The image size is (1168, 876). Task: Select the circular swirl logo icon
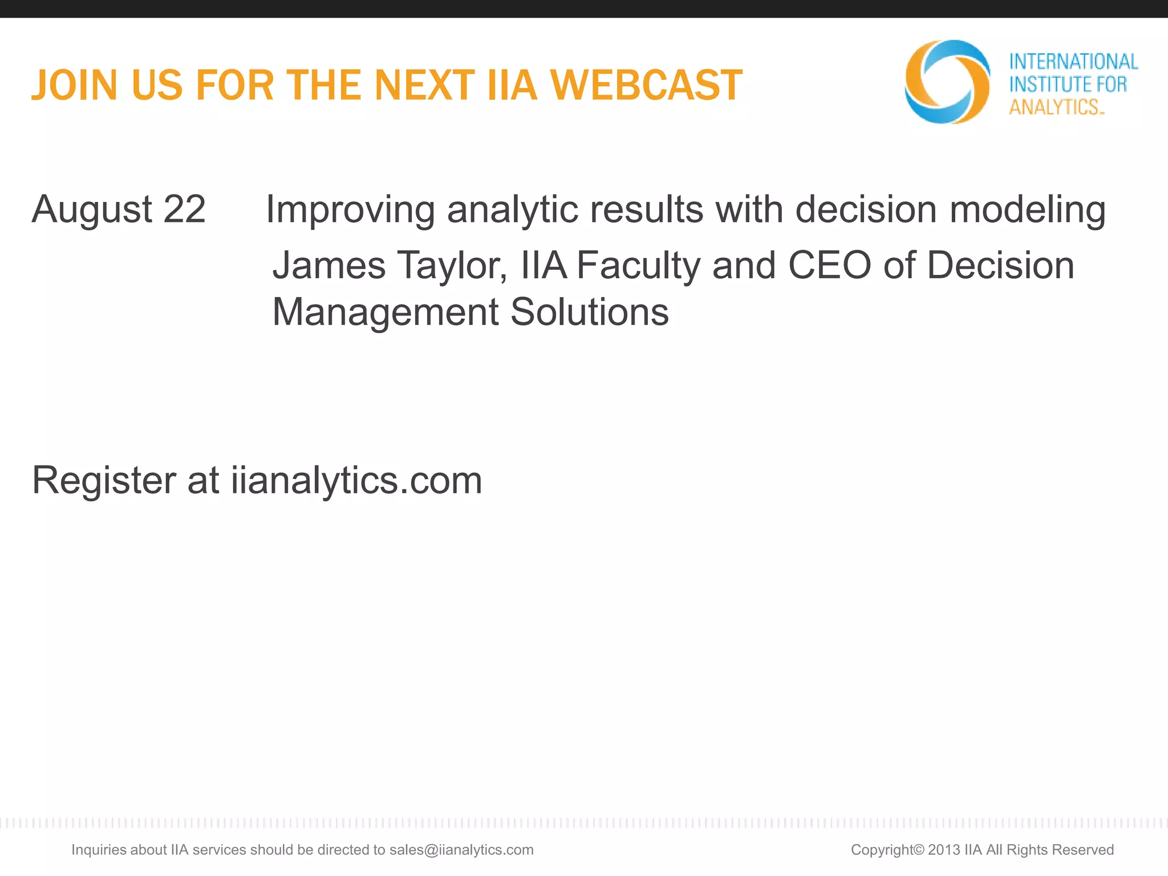coord(947,82)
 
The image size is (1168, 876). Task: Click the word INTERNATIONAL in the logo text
coord(1073,62)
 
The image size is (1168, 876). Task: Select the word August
coord(92,210)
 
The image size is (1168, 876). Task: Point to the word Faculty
coord(638,266)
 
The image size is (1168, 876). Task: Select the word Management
coord(386,313)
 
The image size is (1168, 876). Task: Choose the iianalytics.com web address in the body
coord(356,481)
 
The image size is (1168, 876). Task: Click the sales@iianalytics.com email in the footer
coord(461,850)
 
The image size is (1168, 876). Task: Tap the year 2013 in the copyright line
coord(944,850)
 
